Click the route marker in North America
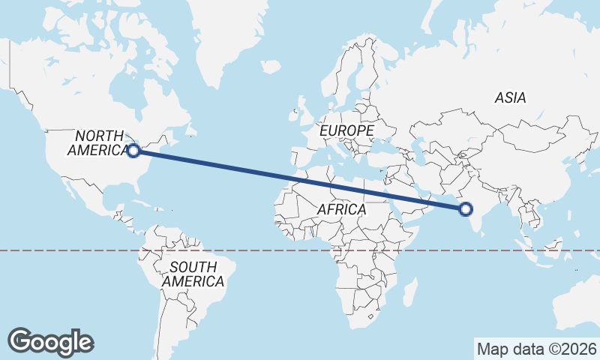coord(133,151)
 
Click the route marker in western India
coord(466,209)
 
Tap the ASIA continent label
coord(510,97)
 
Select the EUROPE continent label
coord(346,130)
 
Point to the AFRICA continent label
coord(341,209)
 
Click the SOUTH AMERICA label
coord(193,274)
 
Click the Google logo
coord(50,342)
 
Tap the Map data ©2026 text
coord(536,349)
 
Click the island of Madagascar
coord(409,292)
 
